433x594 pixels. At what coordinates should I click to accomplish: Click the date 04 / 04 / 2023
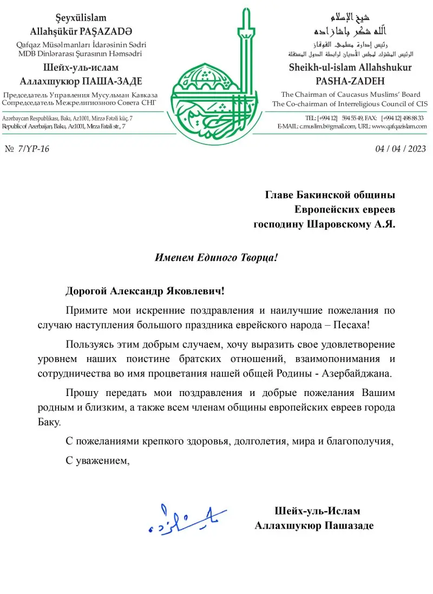coord(401,149)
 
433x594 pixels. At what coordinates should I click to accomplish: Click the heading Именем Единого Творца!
coord(216,258)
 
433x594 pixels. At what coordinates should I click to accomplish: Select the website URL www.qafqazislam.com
coord(400,127)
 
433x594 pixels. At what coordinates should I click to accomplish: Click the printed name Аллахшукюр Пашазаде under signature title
coord(314,525)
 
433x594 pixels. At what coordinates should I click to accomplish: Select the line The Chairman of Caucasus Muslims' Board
coord(350,94)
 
